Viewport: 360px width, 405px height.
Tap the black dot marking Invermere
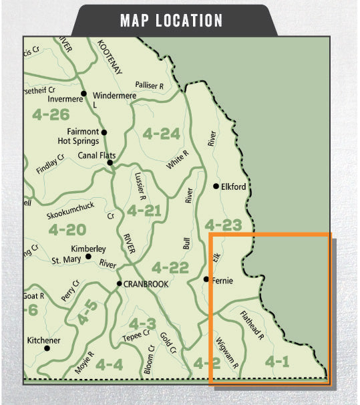point(84,93)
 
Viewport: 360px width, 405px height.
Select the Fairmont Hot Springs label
point(83,136)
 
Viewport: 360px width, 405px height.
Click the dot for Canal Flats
point(110,162)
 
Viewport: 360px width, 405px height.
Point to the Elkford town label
point(233,186)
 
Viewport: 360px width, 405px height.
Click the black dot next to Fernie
point(206,279)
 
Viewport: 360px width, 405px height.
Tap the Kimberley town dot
point(88,256)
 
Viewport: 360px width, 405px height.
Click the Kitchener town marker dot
point(47,348)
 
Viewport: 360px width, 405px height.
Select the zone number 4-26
point(50,114)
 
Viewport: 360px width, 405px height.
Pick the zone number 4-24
point(161,134)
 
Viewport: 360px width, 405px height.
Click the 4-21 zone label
point(144,212)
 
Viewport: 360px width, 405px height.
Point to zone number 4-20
point(67,230)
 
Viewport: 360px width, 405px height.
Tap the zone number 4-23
point(223,225)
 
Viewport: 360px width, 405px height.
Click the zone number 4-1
point(277,362)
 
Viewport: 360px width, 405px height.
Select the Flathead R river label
point(252,324)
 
